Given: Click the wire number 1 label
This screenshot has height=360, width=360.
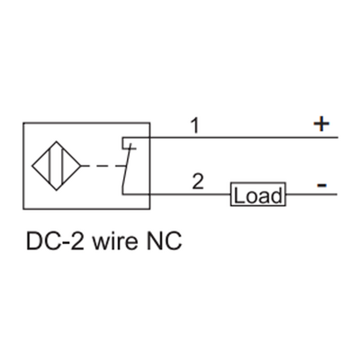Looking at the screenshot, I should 193,127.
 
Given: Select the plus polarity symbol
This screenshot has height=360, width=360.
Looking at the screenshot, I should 322,125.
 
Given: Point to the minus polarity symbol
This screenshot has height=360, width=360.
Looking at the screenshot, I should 322,184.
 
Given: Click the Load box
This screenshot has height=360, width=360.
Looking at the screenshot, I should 258,194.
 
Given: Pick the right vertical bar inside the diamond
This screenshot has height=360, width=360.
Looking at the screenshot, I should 61,166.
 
